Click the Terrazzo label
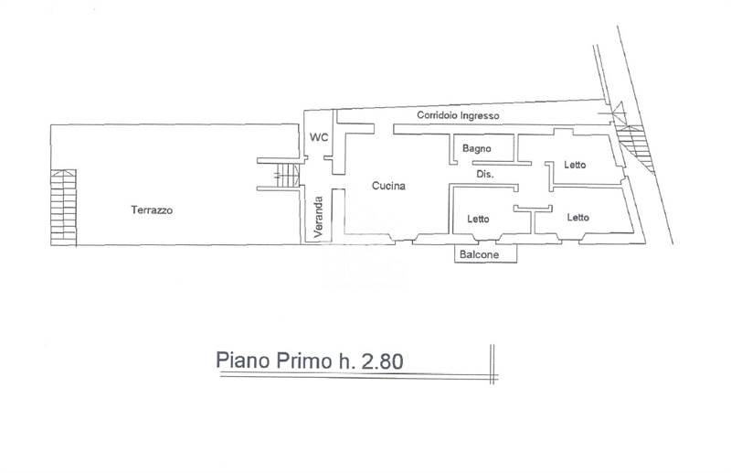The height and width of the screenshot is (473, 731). click(x=152, y=210)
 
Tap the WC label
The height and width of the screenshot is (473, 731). click(x=319, y=138)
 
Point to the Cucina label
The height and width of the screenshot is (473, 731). click(x=388, y=186)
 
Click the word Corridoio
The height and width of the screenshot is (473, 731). click(x=439, y=116)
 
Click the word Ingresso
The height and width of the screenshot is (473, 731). click(x=481, y=116)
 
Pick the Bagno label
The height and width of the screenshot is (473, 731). click(x=477, y=147)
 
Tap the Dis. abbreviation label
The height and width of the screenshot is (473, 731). click(x=485, y=174)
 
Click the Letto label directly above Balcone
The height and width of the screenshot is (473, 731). click(x=477, y=219)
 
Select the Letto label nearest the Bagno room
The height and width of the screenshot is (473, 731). click(x=575, y=165)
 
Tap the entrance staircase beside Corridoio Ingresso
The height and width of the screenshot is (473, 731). click(x=632, y=146)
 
